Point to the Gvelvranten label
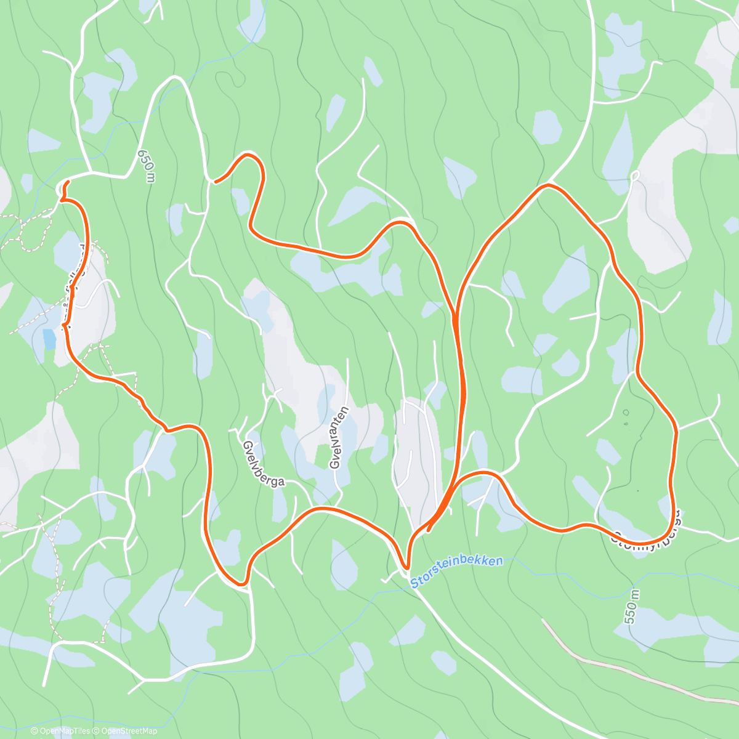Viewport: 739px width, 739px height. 339,437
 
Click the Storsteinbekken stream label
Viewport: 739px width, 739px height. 456,571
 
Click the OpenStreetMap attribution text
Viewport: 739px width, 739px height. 128,731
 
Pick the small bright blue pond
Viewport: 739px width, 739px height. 49,338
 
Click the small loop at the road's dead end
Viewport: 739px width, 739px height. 636,176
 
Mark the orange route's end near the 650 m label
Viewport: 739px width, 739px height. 215,181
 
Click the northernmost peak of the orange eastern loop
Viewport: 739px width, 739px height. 547,184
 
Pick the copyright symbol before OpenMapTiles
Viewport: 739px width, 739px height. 34,731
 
